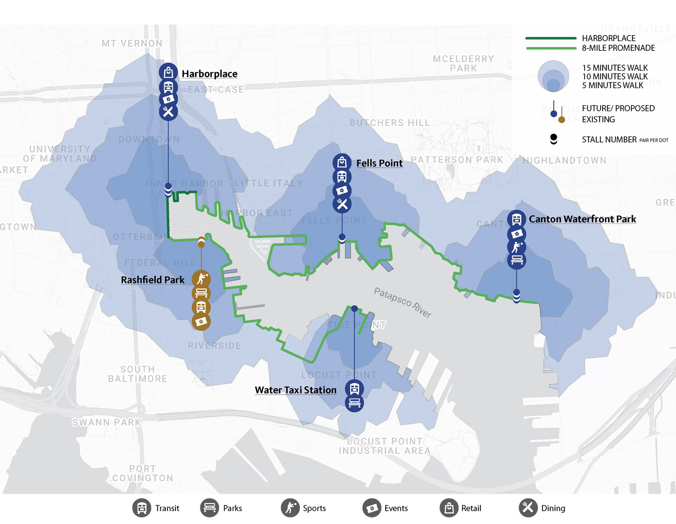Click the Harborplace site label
pos(209,74)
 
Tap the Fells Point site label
pos(379,163)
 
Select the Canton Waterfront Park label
pos(582,219)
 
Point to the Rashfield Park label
pos(152,280)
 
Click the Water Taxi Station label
pos(295,390)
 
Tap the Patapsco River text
pos(402,303)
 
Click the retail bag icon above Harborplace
pos(168,72)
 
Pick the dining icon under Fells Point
pos(342,204)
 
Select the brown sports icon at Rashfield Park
pos(201,279)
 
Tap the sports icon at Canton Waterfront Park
pos(516,247)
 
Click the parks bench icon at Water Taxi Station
pos(354,403)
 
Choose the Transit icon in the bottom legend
pos(142,508)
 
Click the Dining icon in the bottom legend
pos(528,508)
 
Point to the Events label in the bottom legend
pos(396,508)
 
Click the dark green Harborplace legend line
pos(551,38)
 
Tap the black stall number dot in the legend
pos(554,139)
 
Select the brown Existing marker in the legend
pos(561,119)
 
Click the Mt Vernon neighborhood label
pos(132,43)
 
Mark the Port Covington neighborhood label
pos(143,473)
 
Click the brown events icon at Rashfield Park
pos(201,321)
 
